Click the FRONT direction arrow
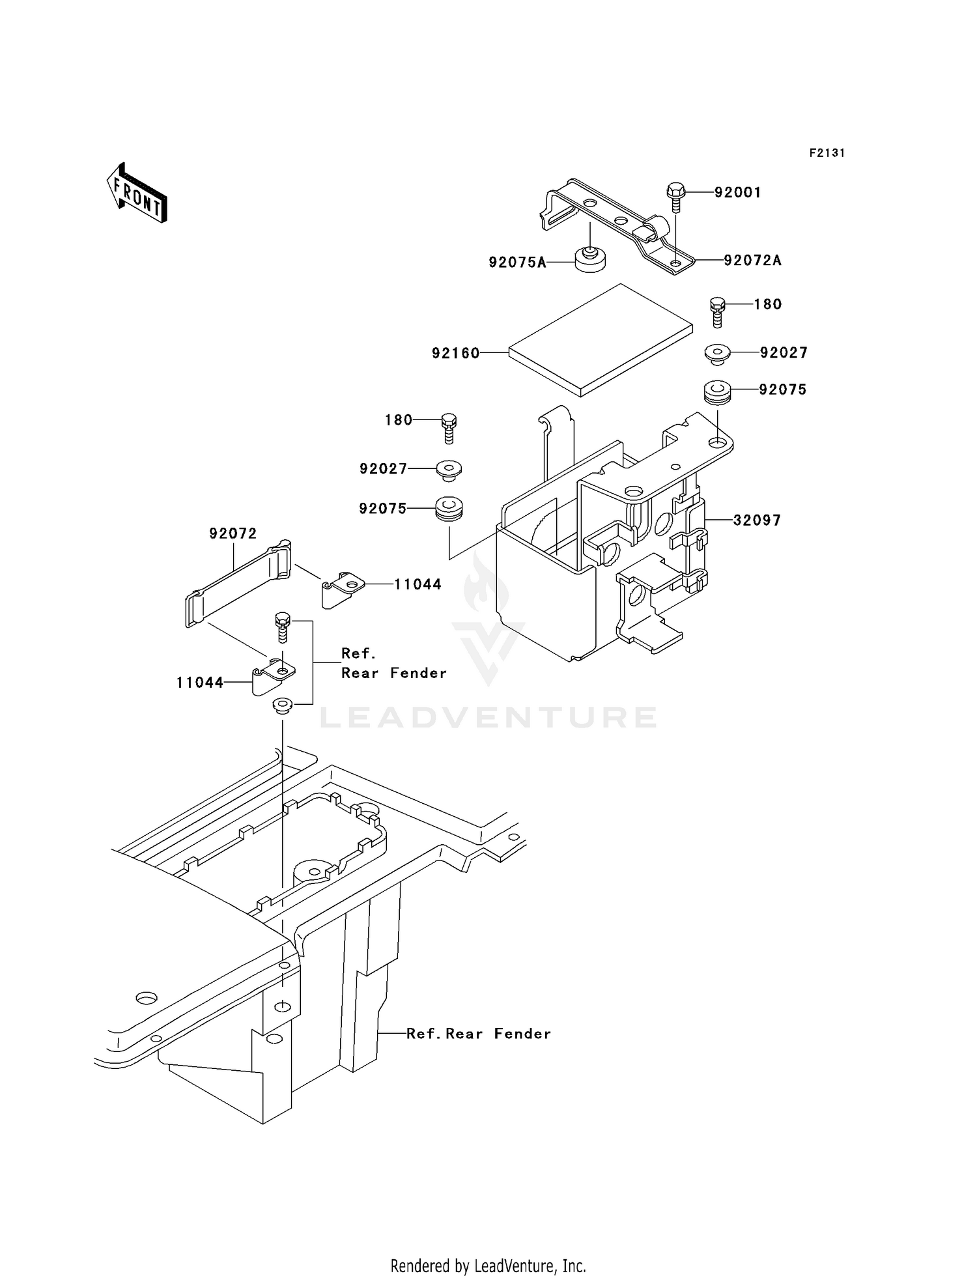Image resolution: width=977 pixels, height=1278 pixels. (x=137, y=193)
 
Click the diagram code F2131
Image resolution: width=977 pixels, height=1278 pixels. (x=827, y=153)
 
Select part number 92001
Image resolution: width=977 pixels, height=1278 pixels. (x=737, y=193)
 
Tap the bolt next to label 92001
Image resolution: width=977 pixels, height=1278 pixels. (x=675, y=197)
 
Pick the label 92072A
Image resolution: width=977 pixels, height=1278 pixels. (x=752, y=261)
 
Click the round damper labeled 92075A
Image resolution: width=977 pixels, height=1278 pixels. (x=590, y=260)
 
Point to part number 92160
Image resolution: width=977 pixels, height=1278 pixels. (x=455, y=353)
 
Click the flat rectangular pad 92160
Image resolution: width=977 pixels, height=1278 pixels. (x=599, y=340)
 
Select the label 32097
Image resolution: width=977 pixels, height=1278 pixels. (x=757, y=520)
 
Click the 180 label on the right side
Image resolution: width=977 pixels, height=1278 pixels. (x=768, y=304)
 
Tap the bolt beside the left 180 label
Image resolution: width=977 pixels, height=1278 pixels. (x=448, y=428)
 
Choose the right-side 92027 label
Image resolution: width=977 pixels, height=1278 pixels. (x=784, y=353)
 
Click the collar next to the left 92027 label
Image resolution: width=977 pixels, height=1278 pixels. (x=449, y=470)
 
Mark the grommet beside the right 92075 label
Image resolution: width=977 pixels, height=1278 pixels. (x=717, y=393)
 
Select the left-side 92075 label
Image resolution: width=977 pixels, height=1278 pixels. (x=382, y=509)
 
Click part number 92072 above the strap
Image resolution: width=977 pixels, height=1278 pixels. (x=233, y=533)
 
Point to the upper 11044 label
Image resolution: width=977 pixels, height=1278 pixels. (x=418, y=585)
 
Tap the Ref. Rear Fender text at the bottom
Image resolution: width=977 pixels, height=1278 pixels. (x=478, y=1034)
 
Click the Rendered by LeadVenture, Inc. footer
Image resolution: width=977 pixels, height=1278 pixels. (x=488, y=1265)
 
